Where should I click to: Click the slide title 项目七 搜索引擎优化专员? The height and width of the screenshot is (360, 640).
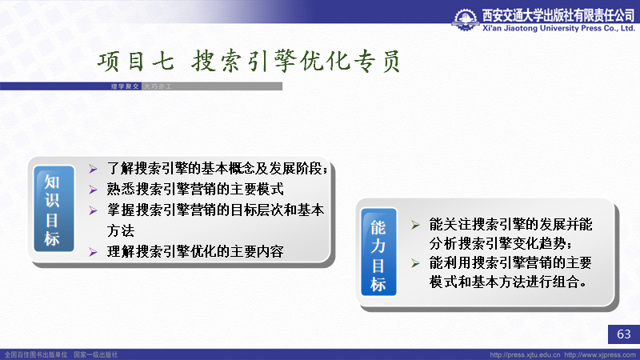click(x=249, y=62)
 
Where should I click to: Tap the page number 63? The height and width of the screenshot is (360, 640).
click(x=624, y=334)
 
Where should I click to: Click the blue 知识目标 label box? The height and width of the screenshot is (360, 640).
click(x=54, y=209)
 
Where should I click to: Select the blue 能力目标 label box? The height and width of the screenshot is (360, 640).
click(x=378, y=252)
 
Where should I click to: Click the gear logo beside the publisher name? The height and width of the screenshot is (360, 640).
click(x=465, y=19)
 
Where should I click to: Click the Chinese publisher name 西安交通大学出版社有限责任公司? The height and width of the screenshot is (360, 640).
click(x=558, y=15)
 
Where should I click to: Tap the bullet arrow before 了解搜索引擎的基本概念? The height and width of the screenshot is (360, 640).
click(x=93, y=169)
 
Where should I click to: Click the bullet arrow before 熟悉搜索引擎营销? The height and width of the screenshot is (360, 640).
click(x=93, y=190)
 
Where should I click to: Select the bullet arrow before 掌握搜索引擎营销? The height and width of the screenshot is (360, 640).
click(x=93, y=210)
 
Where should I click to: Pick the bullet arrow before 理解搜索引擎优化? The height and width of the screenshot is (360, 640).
click(x=93, y=252)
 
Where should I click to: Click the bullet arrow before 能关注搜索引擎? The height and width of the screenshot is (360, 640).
click(x=415, y=225)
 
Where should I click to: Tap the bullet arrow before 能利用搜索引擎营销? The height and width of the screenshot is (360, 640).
click(x=415, y=263)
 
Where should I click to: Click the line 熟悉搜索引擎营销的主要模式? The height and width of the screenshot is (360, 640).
click(x=195, y=190)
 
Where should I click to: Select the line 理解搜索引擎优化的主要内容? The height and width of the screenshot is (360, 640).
click(x=195, y=252)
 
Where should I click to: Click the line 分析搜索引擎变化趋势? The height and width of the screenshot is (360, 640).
click(x=501, y=244)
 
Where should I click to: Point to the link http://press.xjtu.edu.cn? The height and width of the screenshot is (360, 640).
click(x=525, y=355)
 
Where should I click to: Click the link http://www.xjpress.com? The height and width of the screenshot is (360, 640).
click(x=600, y=355)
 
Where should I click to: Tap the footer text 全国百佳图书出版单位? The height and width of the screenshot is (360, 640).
click(x=36, y=355)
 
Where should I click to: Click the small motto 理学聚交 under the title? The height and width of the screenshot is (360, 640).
click(x=125, y=86)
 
